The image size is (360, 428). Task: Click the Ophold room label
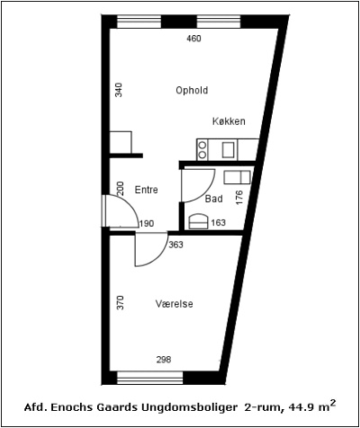pyautogui.click(x=192, y=90)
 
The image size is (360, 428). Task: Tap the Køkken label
pyautogui.click(x=229, y=121)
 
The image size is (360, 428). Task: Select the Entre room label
pyautogui.click(x=146, y=190)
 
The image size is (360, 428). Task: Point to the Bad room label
pyautogui.click(x=213, y=199)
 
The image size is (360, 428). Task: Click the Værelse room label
pyautogui.click(x=174, y=304)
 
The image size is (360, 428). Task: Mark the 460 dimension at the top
pyautogui.click(x=193, y=39)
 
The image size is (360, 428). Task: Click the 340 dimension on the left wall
pyautogui.click(x=118, y=90)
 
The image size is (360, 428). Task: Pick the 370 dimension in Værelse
pyautogui.click(x=118, y=304)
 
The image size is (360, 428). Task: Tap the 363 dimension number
pyautogui.click(x=176, y=245)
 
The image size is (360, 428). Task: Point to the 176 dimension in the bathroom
pyautogui.click(x=239, y=198)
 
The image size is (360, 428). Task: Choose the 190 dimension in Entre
pyautogui.click(x=146, y=223)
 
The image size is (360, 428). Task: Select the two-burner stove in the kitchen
pyautogui.click(x=203, y=149)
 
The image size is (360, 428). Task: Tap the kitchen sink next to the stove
pyautogui.click(x=229, y=149)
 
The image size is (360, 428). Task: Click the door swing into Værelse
pyautogui.click(x=148, y=250)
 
